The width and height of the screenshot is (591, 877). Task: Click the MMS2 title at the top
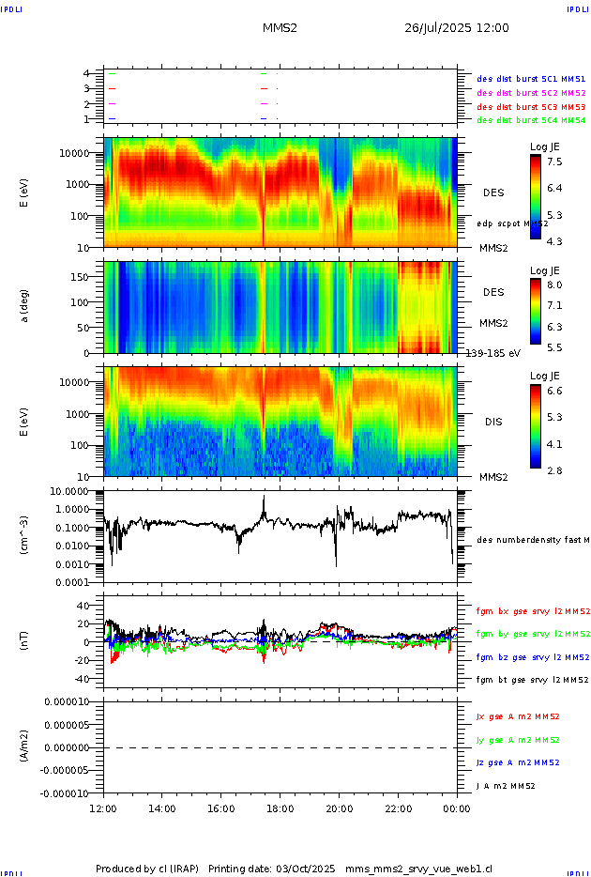click(280, 28)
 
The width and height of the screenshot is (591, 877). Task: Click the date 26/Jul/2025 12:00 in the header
click(456, 28)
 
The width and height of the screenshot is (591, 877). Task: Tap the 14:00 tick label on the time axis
click(162, 808)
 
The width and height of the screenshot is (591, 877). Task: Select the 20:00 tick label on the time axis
click(339, 808)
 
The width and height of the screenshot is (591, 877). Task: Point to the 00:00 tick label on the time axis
click(457, 808)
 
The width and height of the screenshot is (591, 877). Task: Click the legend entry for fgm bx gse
click(532, 611)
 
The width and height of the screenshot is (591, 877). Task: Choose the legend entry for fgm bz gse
click(532, 657)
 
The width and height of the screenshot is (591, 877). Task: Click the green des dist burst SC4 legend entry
click(531, 120)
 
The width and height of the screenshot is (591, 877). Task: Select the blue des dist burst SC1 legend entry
click(531, 80)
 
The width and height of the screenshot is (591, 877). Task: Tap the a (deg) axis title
click(26, 306)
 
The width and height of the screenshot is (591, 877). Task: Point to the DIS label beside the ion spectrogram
click(493, 422)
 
